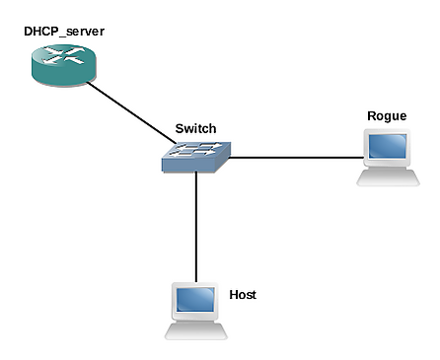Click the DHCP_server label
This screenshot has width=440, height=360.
[x=64, y=32]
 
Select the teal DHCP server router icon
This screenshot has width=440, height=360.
[x=64, y=65]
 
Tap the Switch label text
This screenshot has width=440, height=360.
[x=195, y=128]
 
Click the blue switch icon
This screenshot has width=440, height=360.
[x=196, y=157]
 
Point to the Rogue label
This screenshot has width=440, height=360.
[x=387, y=116]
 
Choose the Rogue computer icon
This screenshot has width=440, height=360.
[x=388, y=158]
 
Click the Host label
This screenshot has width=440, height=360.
[x=243, y=295]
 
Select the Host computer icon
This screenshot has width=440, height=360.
[x=196, y=311]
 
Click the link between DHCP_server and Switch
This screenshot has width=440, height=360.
[x=131, y=112]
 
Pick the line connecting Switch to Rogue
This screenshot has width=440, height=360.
[x=296, y=158]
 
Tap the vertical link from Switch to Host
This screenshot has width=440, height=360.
[x=196, y=227]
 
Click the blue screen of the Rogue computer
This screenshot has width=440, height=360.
[x=388, y=146]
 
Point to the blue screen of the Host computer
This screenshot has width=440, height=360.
[x=195, y=299]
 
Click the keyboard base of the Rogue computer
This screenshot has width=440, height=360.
[x=388, y=178]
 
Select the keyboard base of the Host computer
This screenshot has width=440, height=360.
[x=196, y=331]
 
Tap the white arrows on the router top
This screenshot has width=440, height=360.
[x=64, y=55]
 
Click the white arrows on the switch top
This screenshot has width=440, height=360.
[x=196, y=149]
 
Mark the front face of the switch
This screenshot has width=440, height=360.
[x=188, y=166]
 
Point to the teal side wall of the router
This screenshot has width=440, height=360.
[x=64, y=75]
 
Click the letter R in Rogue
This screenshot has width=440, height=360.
[x=371, y=115]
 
